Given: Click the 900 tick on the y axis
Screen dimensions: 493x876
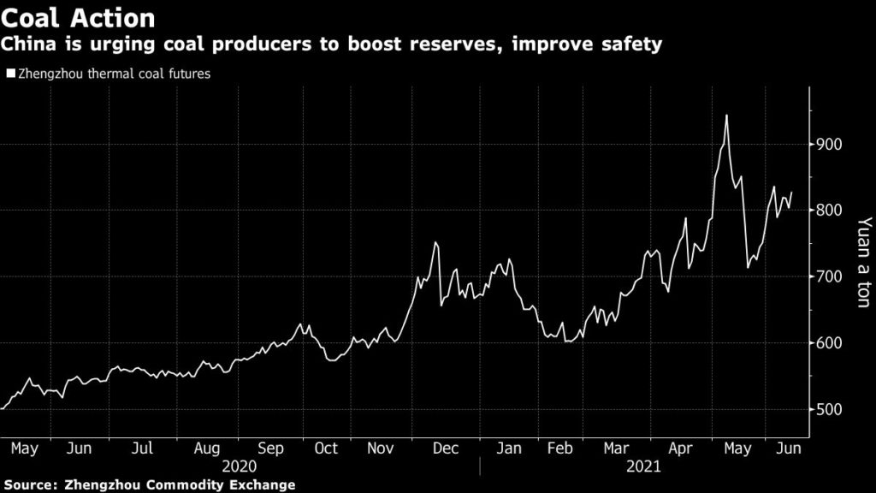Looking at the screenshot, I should [x=831, y=144].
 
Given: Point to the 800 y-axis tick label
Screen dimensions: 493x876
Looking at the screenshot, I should [x=831, y=211].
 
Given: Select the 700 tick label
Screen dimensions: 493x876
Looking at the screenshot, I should [x=831, y=277].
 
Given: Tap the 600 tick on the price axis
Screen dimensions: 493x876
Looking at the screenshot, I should [x=831, y=343].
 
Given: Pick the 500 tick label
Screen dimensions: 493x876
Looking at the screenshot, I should [x=831, y=410].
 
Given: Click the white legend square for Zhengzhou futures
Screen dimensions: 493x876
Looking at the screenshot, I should [x=10, y=74].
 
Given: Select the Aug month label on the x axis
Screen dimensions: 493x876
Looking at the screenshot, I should [x=206, y=448].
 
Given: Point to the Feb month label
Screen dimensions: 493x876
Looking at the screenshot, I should [x=559, y=448].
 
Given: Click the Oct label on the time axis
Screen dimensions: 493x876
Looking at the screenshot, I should [x=326, y=448].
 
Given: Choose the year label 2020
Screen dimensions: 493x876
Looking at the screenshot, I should [x=240, y=467].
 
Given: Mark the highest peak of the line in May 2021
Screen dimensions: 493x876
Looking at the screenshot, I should [x=726, y=115].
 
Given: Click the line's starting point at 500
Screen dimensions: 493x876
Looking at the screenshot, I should [x=3, y=409].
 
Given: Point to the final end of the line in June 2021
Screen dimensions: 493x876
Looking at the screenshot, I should [x=792, y=193].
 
